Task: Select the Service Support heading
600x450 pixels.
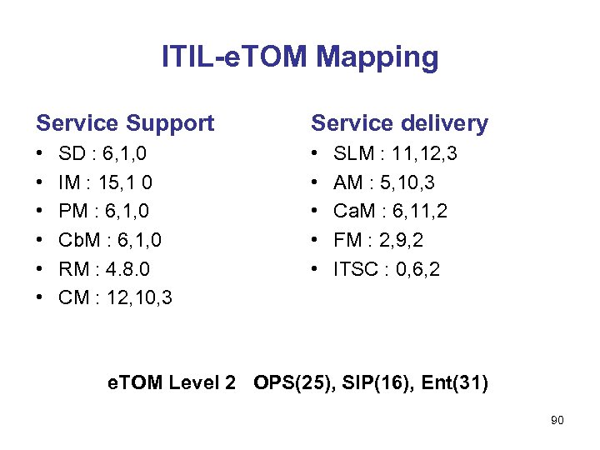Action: click(125, 123)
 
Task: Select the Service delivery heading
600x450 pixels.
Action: click(399, 123)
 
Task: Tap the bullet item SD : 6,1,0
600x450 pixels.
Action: click(103, 154)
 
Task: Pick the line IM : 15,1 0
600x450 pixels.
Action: click(105, 182)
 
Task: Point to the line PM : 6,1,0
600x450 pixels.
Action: click(104, 212)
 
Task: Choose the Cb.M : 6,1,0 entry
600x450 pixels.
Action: click(110, 240)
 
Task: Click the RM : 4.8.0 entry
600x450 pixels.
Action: click(104, 268)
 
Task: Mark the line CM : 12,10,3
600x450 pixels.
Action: click(115, 297)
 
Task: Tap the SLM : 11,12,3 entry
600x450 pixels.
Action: click(395, 154)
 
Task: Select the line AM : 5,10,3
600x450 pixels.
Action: click(383, 182)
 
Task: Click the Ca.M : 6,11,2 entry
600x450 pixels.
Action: click(390, 212)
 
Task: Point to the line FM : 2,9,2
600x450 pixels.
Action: click(378, 240)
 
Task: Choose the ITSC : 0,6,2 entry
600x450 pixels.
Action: click(387, 268)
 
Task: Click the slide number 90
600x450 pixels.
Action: click(557, 421)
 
